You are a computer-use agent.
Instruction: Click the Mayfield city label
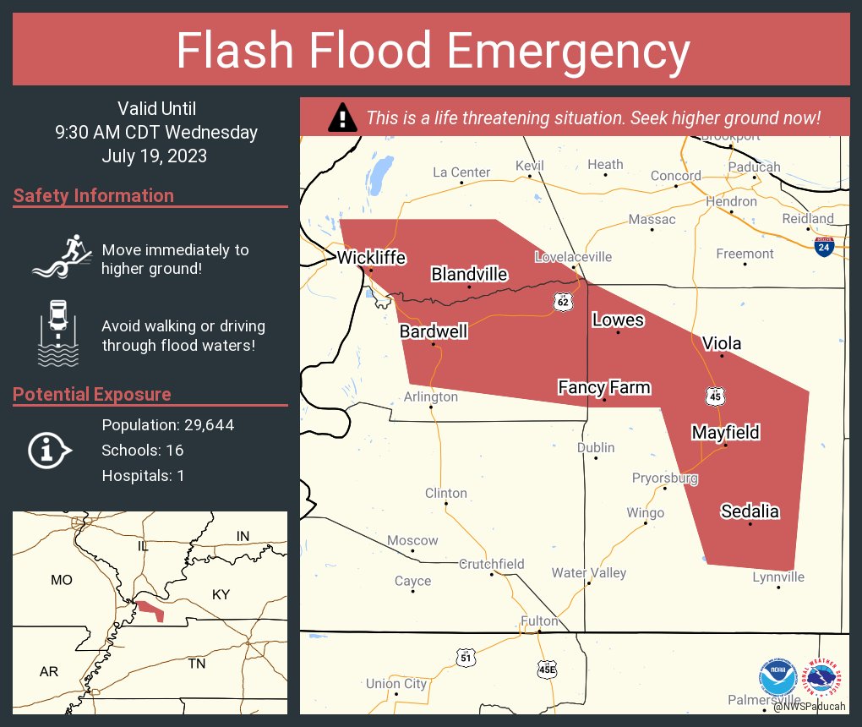tap(725, 432)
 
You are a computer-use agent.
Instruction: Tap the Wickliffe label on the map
tap(371, 258)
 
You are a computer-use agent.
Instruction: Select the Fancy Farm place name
tap(604, 387)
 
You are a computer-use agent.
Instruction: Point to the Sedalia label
tap(750, 511)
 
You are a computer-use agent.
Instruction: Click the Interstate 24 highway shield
tap(824, 246)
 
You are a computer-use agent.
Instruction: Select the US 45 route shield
tap(715, 395)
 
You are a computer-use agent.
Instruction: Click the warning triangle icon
tap(342, 117)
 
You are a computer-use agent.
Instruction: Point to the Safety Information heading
tap(94, 196)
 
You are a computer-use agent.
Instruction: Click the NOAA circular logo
tap(777, 678)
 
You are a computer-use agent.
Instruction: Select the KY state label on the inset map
tap(221, 595)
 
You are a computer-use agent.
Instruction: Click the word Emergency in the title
tap(569, 52)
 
